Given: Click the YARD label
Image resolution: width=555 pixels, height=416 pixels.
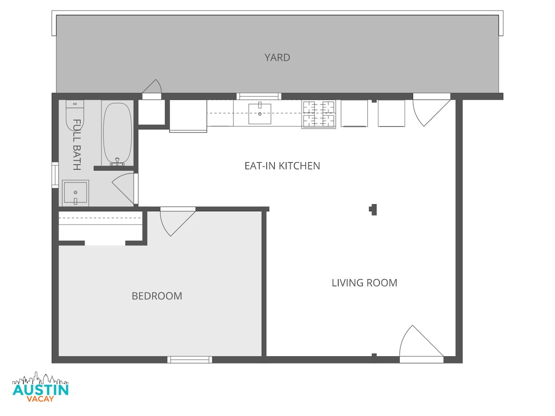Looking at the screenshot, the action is point(277,58).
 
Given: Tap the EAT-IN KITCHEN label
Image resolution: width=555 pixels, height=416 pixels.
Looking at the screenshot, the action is point(282,166).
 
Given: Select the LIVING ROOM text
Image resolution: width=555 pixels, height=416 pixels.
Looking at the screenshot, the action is point(364,283).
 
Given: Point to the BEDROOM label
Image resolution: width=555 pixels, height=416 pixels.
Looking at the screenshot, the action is point(157,296).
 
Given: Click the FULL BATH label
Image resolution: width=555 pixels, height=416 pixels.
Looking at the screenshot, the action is point(77,145).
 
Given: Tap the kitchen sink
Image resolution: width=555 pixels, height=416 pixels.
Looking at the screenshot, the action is point(259,114).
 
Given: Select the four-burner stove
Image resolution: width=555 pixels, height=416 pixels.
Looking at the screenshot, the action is point(319,114).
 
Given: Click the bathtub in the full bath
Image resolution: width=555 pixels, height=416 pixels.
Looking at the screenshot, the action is point(117,134).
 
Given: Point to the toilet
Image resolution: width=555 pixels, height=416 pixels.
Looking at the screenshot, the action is point(74,115).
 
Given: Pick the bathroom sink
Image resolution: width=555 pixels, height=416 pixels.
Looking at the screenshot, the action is point(75,193).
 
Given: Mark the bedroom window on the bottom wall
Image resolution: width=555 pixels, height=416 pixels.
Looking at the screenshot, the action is point(190,360).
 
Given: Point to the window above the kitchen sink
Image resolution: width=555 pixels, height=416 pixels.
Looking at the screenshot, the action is point(259,96).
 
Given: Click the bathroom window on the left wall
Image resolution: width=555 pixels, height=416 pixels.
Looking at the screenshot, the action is point(55,175).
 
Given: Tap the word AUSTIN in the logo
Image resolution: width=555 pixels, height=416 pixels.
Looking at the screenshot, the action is point(40,390).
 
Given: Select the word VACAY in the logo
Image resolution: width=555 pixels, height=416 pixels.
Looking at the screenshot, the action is point(40,399).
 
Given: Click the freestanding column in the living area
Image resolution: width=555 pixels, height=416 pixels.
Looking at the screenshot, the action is point(373,210).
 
